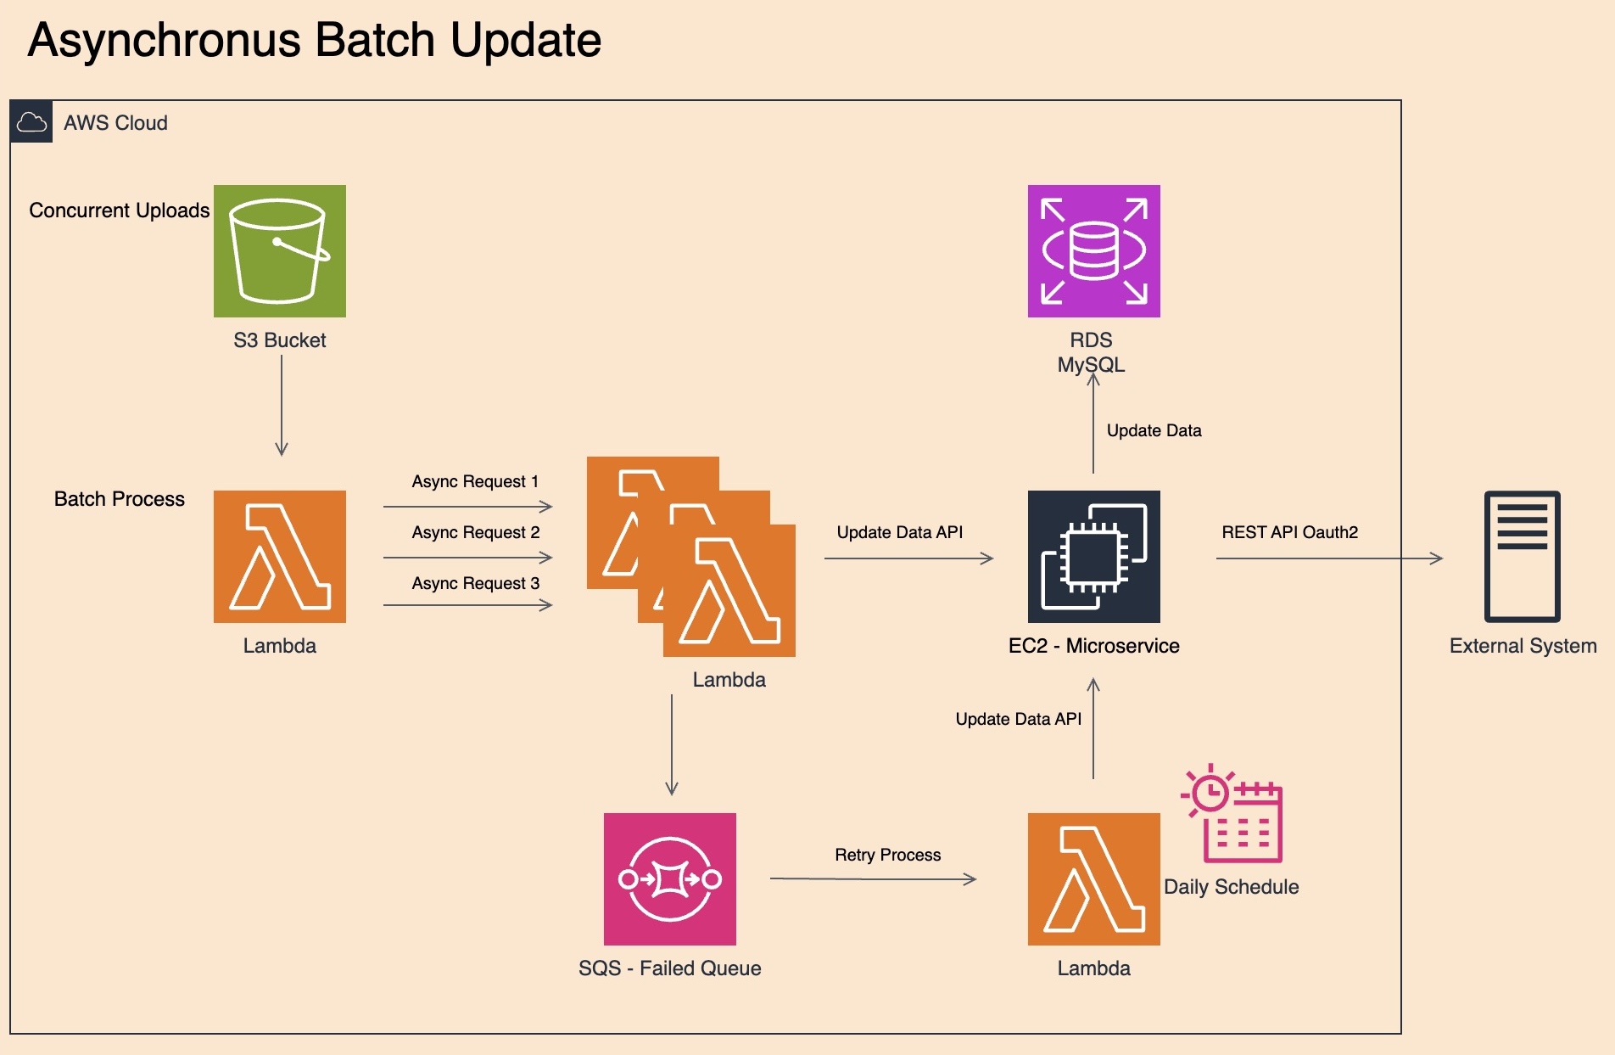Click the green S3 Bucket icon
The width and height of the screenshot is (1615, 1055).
(280, 251)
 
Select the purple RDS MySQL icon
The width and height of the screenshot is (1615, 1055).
(1093, 251)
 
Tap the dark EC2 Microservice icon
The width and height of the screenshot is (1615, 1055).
(1093, 557)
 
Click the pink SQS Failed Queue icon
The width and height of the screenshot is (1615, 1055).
(670, 879)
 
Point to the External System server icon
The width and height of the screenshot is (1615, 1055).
(1522, 557)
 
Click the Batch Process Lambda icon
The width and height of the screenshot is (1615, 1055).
(280, 557)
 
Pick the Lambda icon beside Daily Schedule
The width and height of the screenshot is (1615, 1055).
(1093, 879)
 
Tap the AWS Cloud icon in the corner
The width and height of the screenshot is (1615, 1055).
(32, 122)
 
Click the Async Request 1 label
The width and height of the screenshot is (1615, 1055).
(475, 482)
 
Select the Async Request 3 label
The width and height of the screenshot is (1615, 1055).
(475, 584)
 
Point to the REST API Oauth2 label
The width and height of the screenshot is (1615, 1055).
(1289, 532)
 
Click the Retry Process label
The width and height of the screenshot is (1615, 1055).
(887, 855)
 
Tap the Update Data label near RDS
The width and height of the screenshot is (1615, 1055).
(1154, 430)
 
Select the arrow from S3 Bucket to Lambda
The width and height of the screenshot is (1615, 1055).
(282, 406)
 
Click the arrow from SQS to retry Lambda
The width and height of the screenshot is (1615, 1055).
(874, 879)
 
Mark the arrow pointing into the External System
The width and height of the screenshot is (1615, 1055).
(1329, 558)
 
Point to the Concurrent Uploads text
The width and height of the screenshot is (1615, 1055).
(119, 210)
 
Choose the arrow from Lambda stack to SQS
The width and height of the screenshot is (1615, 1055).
(672, 744)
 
